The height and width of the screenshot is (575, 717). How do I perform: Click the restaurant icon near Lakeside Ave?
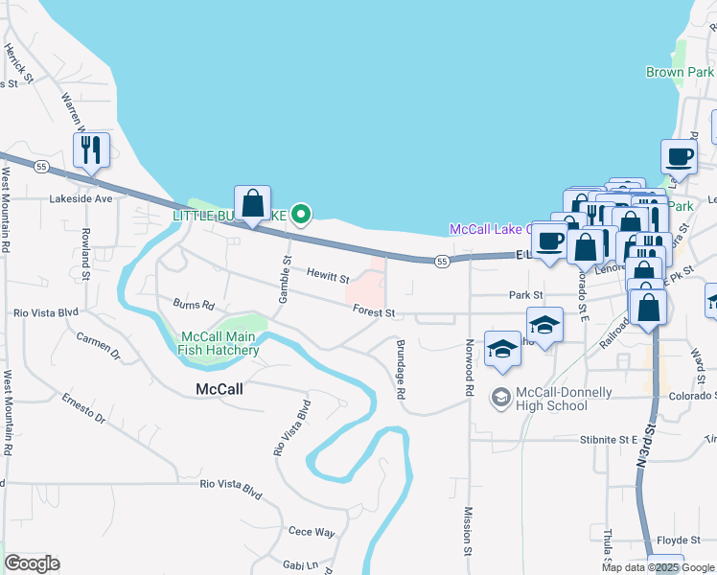click(92, 150)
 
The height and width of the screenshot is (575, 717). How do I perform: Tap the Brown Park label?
click(679, 72)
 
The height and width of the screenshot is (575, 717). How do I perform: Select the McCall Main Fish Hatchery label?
click(219, 343)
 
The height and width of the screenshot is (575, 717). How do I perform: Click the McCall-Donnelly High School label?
click(551, 398)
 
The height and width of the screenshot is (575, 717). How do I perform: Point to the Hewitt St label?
click(328, 276)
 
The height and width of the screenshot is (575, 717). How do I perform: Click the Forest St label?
click(374, 311)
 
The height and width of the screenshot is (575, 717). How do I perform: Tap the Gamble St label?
click(284, 280)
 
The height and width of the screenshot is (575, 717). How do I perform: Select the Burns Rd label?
click(193, 305)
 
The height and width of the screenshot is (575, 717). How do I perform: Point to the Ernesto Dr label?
click(83, 407)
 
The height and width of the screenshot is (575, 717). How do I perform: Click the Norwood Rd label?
click(470, 368)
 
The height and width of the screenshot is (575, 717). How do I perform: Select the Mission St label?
click(469, 532)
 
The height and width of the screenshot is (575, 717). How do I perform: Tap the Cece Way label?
click(312, 532)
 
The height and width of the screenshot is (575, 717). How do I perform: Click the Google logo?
click(32, 563)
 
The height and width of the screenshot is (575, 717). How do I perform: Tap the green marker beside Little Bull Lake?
click(301, 215)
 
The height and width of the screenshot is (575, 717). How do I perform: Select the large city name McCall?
click(220, 389)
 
